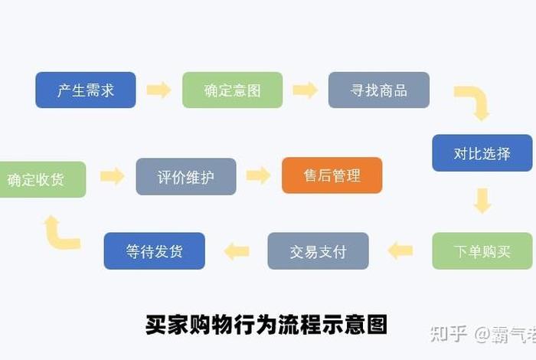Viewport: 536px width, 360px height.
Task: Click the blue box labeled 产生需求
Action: pyautogui.click(x=86, y=90)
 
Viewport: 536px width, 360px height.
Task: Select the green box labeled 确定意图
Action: pyautogui.click(x=232, y=90)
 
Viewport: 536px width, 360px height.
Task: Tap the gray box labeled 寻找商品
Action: pyautogui.click(x=378, y=90)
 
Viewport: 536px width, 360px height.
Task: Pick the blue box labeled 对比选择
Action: pyautogui.click(x=482, y=153)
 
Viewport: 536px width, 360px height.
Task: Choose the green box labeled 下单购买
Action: pyautogui.click(x=482, y=250)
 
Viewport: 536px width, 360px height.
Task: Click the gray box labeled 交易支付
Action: pyautogui.click(x=318, y=250)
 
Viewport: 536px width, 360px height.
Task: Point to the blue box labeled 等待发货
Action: pyautogui.click(x=154, y=250)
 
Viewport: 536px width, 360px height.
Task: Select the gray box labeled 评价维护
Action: pyautogui.click(x=186, y=177)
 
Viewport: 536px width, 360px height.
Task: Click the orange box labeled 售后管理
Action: pyautogui.click(x=332, y=175)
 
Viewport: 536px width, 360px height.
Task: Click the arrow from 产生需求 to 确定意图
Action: pyautogui.click(x=159, y=90)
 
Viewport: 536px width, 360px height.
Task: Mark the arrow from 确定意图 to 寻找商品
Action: pyautogui.click(x=305, y=90)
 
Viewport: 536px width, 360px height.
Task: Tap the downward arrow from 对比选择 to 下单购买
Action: pyautogui.click(x=482, y=201)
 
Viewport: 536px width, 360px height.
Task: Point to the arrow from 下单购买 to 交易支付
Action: pyautogui.click(x=400, y=250)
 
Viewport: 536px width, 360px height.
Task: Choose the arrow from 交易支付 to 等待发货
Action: pyautogui.click(x=236, y=250)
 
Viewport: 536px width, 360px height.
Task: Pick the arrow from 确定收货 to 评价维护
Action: pyautogui.click(x=112, y=176)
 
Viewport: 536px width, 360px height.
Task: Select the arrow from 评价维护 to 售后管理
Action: pyautogui.click(x=259, y=175)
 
